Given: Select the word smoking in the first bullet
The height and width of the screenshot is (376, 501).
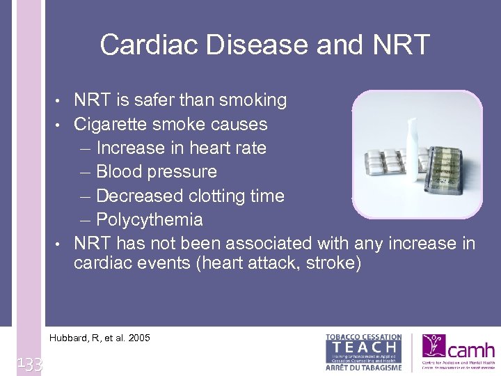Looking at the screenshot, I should [x=253, y=100].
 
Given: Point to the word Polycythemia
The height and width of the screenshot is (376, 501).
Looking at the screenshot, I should [x=150, y=220].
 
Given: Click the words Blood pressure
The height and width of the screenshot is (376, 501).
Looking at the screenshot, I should [x=157, y=172].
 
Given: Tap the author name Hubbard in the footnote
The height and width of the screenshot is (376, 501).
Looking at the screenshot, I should [x=69, y=338].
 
